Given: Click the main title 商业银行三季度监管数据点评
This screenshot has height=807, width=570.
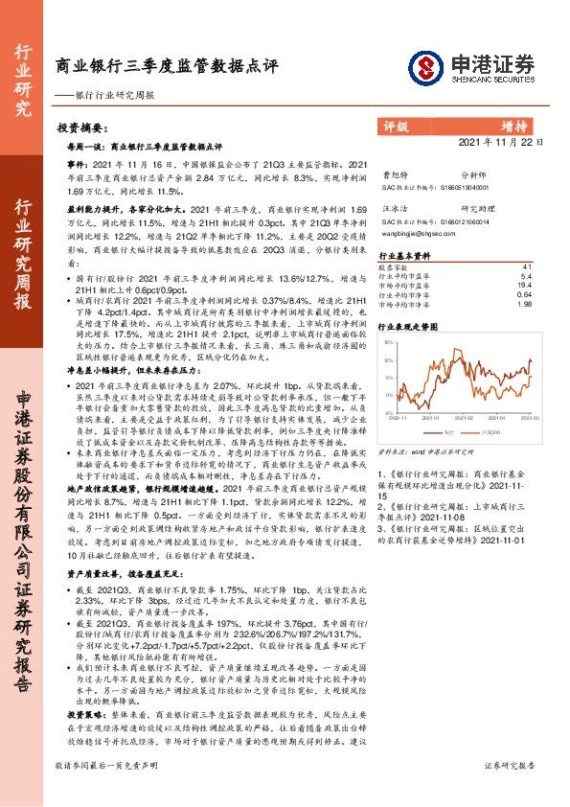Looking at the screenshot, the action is click(167, 67).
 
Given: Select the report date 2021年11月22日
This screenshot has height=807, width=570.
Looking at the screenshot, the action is click(512, 143).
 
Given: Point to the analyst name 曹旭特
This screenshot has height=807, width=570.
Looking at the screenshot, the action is click(395, 176).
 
